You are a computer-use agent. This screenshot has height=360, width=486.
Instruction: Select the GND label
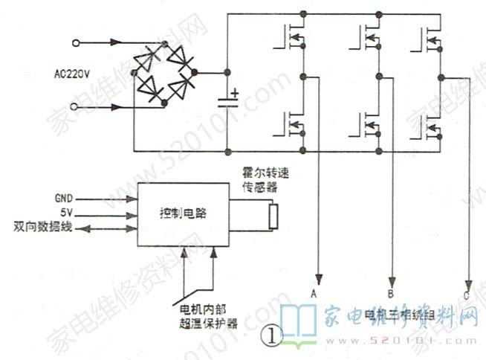coord(64,199)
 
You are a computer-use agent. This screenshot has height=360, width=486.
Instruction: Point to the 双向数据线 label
coord(43,226)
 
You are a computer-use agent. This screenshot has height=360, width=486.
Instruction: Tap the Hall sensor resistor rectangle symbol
coord(273,216)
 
